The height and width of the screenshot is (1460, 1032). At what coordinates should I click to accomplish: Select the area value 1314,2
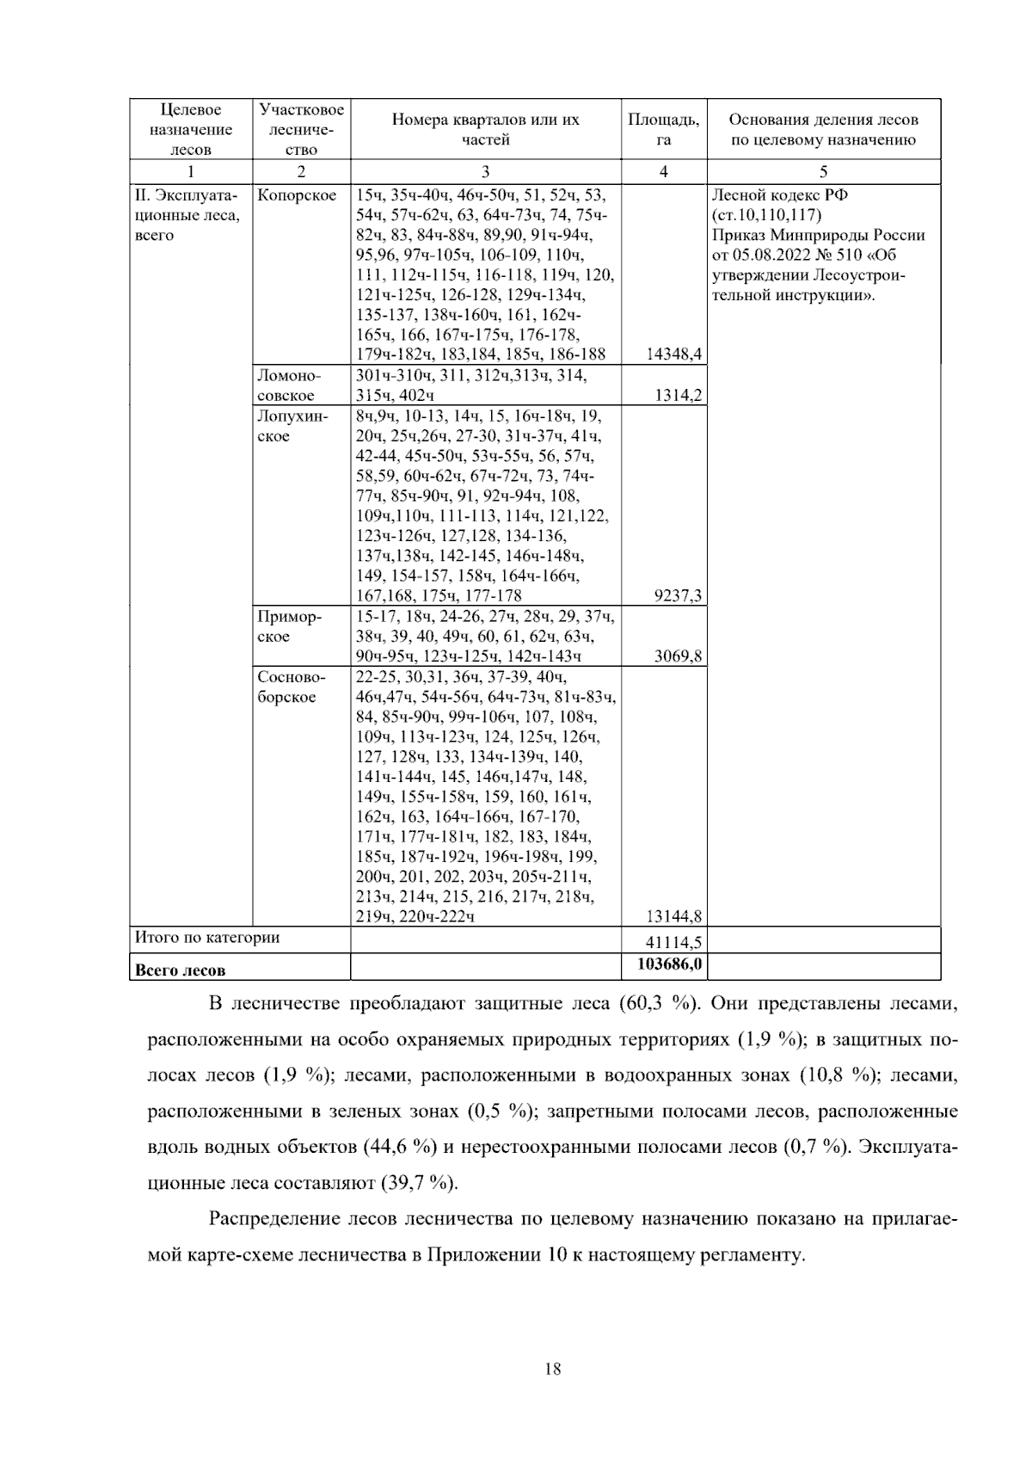click(x=679, y=396)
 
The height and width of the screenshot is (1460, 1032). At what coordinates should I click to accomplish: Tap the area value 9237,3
click(x=679, y=596)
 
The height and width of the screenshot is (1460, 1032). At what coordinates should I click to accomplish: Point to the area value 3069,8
click(x=679, y=656)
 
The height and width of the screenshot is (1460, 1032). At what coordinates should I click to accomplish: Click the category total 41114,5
click(x=675, y=943)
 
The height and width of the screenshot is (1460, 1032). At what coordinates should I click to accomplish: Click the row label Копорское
click(x=297, y=195)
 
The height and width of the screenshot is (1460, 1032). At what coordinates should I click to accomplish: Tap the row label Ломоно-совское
click(x=289, y=385)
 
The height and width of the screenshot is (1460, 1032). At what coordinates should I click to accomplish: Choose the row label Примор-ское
click(x=289, y=626)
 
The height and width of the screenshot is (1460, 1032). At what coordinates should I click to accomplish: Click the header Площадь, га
click(x=663, y=129)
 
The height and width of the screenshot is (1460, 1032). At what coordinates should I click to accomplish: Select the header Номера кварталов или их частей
click(x=486, y=129)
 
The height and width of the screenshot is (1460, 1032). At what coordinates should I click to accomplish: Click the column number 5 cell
click(x=823, y=171)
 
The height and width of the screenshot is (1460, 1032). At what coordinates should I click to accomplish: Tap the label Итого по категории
click(x=207, y=938)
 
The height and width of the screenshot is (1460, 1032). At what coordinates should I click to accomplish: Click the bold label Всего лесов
click(x=181, y=970)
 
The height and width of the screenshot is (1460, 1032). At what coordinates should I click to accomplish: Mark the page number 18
click(x=554, y=1371)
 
